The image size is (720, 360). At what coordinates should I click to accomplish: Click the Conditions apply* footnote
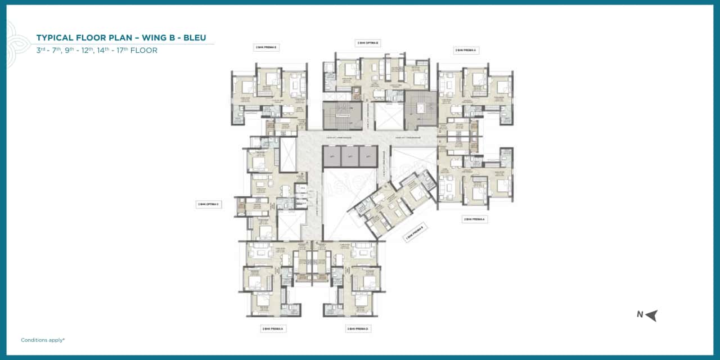coord(43,340)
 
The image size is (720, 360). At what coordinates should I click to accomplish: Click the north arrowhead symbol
coord(651,316)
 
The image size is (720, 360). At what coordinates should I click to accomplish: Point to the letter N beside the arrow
coord(640,315)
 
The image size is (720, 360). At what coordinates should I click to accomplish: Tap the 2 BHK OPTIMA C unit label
coord(208,204)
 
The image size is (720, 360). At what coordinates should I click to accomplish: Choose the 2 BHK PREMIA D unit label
coord(358,328)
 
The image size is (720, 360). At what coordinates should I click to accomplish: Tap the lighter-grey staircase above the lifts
coord(341,115)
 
